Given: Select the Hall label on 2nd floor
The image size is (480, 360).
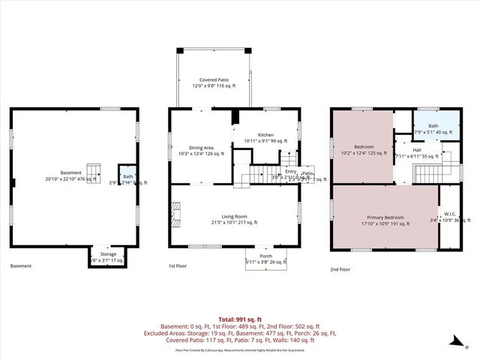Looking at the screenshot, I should pos(415,150).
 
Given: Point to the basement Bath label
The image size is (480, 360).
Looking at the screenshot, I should pos(128,177).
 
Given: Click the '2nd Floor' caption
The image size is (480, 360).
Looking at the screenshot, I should pos(340,268).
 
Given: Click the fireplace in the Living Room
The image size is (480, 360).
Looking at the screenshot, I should pos(175,217).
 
